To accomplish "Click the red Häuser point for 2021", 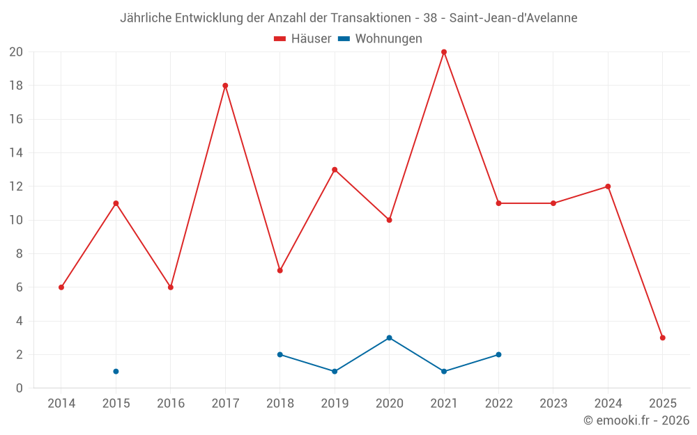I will (x=444, y=52).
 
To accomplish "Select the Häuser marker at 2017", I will (x=225, y=86).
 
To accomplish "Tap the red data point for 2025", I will (x=663, y=338).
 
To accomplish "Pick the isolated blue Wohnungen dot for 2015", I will (x=116, y=371).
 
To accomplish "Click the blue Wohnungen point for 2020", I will (x=389, y=338).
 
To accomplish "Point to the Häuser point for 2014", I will (x=61, y=287).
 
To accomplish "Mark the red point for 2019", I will (x=335, y=170).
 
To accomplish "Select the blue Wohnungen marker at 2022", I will (x=498, y=354).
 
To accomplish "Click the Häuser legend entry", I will (x=302, y=39).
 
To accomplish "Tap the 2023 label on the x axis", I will (x=553, y=403).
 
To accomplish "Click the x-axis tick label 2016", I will (x=171, y=403).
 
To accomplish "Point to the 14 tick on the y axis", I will (x=16, y=153).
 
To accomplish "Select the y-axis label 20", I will (x=16, y=52).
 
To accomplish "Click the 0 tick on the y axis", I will (x=20, y=388).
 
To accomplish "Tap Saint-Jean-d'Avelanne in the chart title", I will (x=513, y=18).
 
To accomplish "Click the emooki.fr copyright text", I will (x=636, y=420).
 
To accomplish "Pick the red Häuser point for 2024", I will (x=608, y=187).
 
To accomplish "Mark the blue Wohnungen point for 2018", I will (x=280, y=354).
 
